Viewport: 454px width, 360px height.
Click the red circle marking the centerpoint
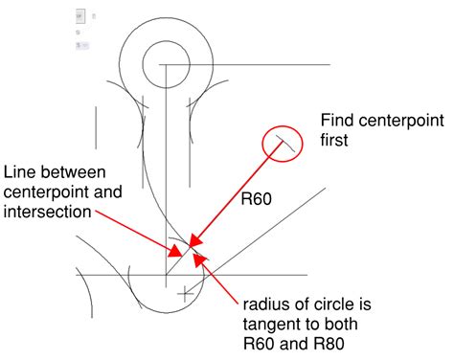pyautogui.click(x=283, y=144)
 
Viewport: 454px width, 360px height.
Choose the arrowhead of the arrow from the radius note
pyautogui.click(x=195, y=255)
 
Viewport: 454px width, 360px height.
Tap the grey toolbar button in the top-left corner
pyautogui.click(x=79, y=16)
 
